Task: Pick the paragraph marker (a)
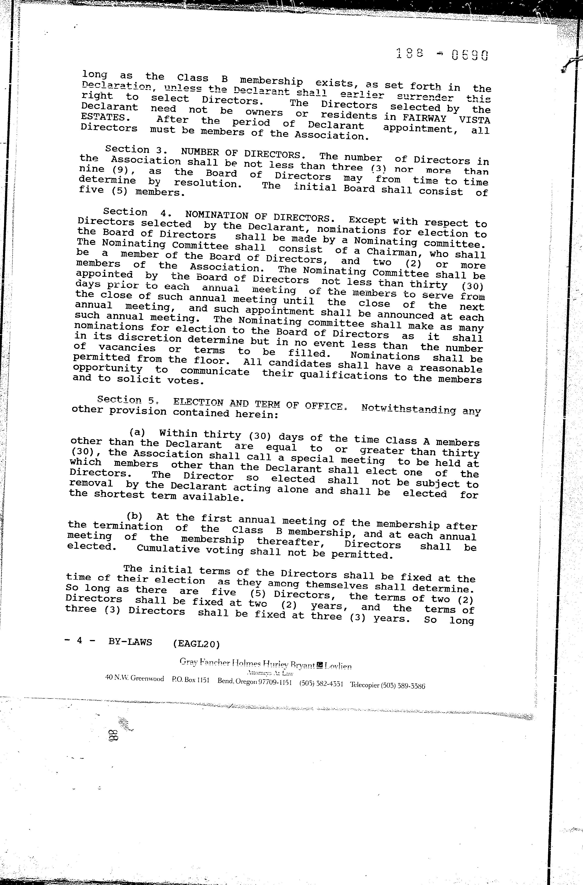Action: point(137,432)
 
